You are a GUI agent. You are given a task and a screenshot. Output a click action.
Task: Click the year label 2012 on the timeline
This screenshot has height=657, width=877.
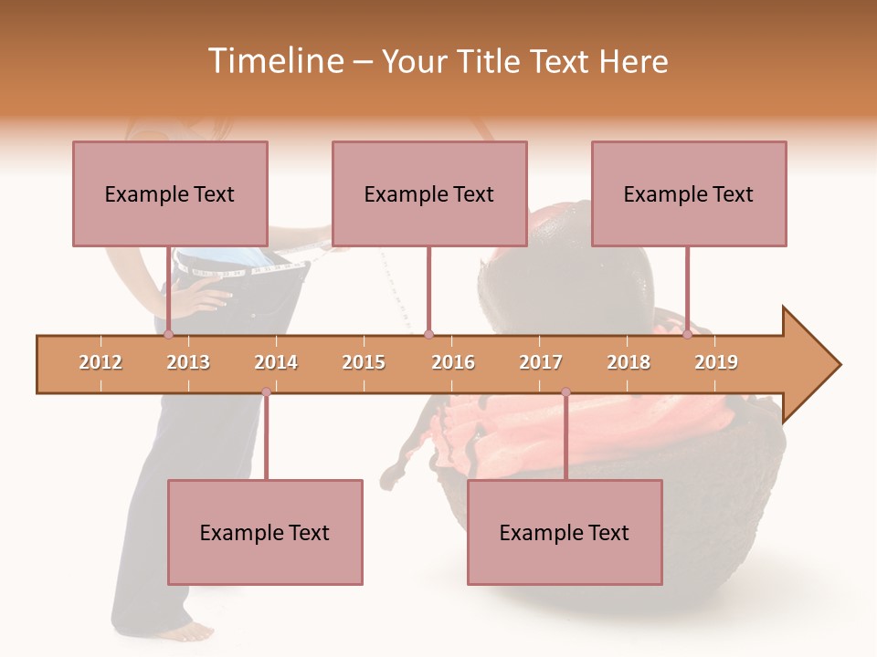pyautogui.click(x=100, y=362)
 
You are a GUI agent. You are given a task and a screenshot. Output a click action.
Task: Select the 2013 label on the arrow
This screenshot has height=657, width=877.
pyautogui.click(x=188, y=362)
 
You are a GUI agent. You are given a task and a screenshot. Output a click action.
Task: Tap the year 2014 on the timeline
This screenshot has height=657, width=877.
pyautogui.click(x=276, y=362)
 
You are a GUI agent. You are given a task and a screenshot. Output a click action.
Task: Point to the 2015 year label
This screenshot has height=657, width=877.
pyautogui.click(x=364, y=362)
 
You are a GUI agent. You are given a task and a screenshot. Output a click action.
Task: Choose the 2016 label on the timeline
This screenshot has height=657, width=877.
pyautogui.click(x=453, y=362)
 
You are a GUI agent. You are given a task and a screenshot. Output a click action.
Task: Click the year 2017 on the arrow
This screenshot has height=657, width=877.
pyautogui.click(x=541, y=362)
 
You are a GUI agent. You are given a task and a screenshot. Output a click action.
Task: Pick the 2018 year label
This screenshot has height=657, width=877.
pyautogui.click(x=629, y=362)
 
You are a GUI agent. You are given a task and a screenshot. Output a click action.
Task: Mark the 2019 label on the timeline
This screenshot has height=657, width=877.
pyautogui.click(x=716, y=362)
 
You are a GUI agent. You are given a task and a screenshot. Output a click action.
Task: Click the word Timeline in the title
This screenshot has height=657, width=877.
pyautogui.click(x=273, y=61)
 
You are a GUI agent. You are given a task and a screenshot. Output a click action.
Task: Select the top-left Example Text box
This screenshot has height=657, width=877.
pyautogui.click(x=170, y=193)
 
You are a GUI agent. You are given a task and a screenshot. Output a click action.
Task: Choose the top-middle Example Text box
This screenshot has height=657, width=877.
pyautogui.click(x=429, y=193)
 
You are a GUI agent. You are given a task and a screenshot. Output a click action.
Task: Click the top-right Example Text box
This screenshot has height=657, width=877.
pyautogui.click(x=689, y=193)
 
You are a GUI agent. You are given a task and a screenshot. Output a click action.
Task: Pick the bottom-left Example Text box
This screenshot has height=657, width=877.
pyautogui.click(x=265, y=532)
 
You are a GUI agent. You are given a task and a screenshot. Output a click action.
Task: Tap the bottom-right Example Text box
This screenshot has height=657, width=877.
pyautogui.click(x=565, y=532)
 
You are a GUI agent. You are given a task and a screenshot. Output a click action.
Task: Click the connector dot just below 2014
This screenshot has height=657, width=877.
pyautogui.click(x=266, y=392)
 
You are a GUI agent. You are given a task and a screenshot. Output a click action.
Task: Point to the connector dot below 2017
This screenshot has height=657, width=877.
pyautogui.click(x=565, y=392)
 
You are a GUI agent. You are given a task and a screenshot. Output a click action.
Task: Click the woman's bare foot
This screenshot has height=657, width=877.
pyautogui.click(x=187, y=631)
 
